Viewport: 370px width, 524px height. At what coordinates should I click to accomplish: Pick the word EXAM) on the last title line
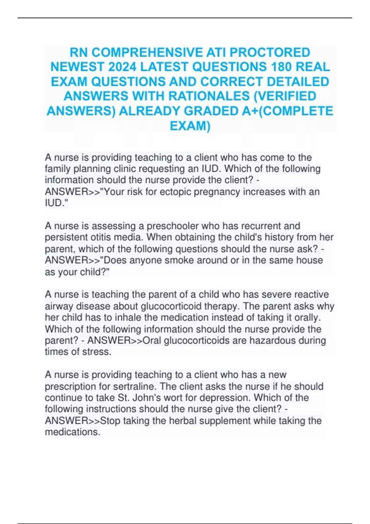pyautogui.click(x=190, y=126)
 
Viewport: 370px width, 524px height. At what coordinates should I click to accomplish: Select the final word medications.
pyautogui.click(x=72, y=432)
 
